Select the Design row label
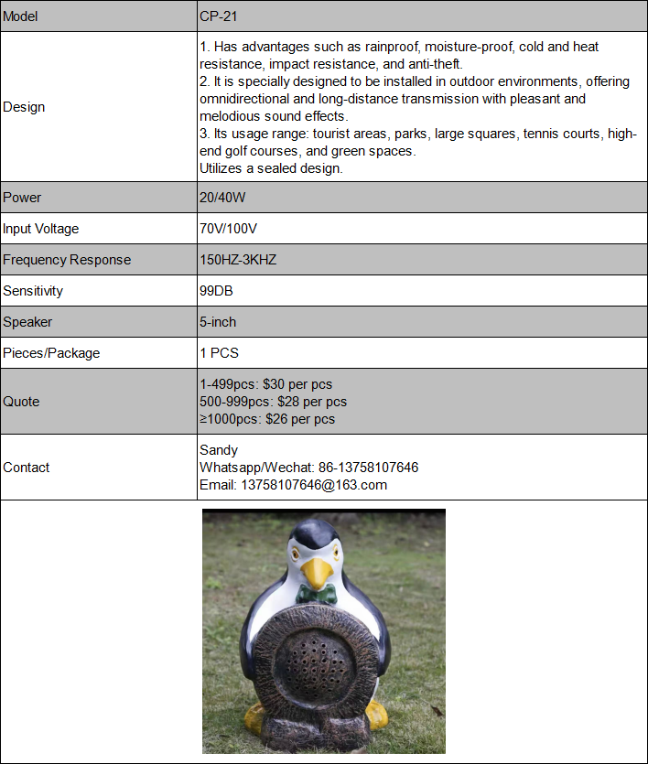24,107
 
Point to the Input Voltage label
41,229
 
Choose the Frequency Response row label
67,260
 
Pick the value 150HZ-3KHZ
238,260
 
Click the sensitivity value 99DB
216,291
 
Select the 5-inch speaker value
218,322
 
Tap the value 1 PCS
219,353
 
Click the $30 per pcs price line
265,384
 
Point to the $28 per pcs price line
273,402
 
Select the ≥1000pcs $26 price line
267,419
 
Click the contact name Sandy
219,450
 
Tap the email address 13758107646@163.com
293,485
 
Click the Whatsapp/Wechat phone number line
308,468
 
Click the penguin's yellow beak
317,575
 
